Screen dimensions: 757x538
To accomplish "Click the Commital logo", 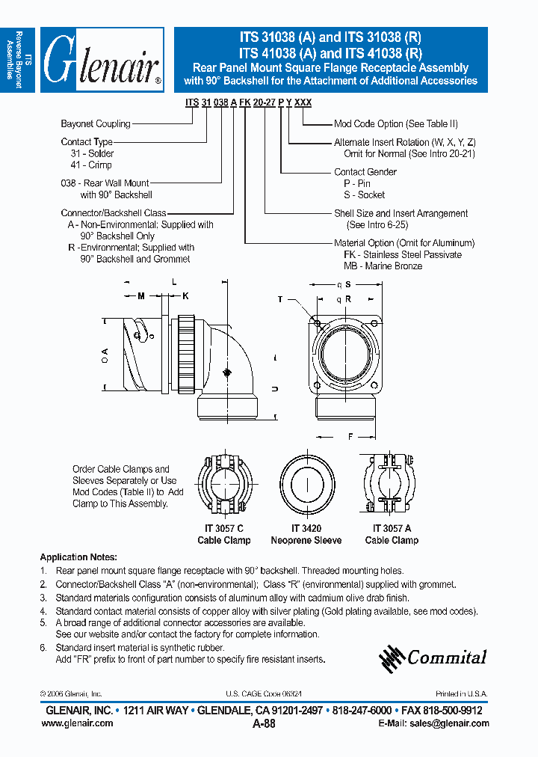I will pyautogui.click(x=433, y=658).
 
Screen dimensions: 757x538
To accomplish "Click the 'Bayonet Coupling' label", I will pyautogui.click(x=95, y=124).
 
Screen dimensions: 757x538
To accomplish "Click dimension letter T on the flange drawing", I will pyautogui.click(x=280, y=299).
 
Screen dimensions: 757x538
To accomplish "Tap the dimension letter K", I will pyautogui.click(x=186, y=296).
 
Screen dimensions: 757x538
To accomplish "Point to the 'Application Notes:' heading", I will pyautogui.click(x=78, y=557).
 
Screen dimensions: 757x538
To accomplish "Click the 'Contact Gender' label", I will pyautogui.click(x=365, y=172).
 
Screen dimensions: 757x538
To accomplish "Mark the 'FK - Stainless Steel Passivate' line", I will pyautogui.click(x=402, y=254).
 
